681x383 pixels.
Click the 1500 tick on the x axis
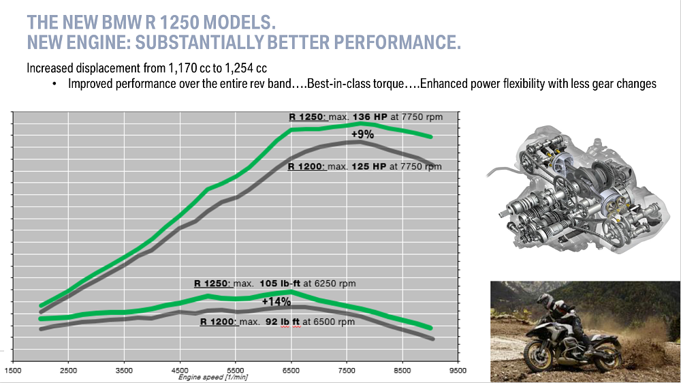12,371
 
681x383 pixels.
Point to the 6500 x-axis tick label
291,371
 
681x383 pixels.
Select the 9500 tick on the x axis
458,371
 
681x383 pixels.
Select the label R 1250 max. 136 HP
366,117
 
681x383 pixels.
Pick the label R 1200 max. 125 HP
364,166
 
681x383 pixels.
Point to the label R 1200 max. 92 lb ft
277,322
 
